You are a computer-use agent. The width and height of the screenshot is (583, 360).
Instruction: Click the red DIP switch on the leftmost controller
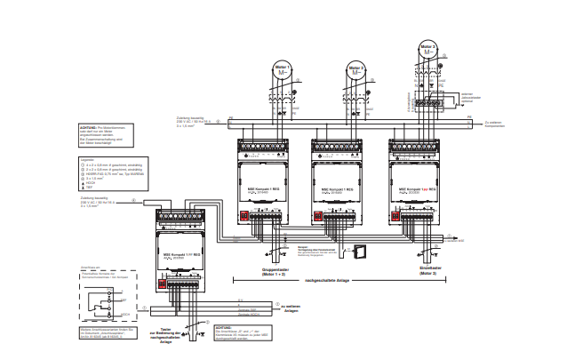coord(164,284)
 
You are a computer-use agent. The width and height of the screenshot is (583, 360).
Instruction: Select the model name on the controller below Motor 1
coord(263,188)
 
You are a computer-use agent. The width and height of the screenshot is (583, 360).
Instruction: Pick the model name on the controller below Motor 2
coord(339,188)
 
